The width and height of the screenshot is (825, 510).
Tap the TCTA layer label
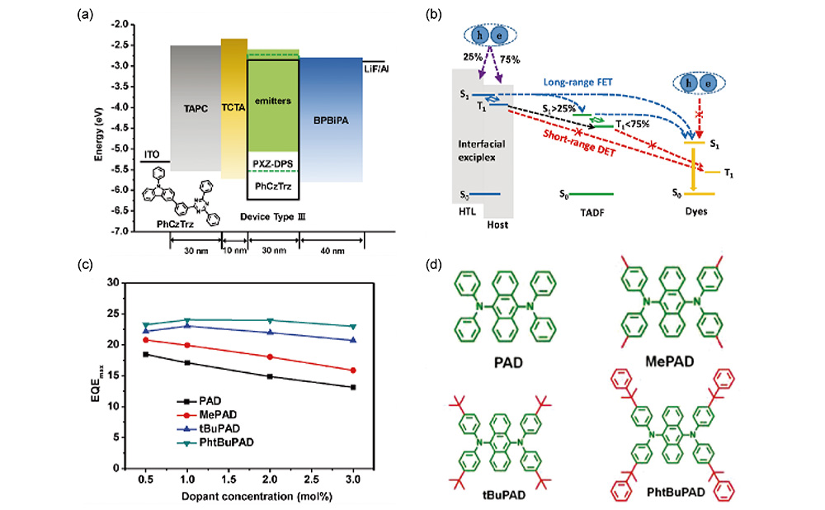(234, 107)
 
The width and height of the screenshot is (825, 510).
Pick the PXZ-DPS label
(273, 163)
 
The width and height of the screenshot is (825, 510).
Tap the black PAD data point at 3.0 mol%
(354, 387)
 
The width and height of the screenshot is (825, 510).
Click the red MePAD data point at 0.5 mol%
(146, 340)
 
